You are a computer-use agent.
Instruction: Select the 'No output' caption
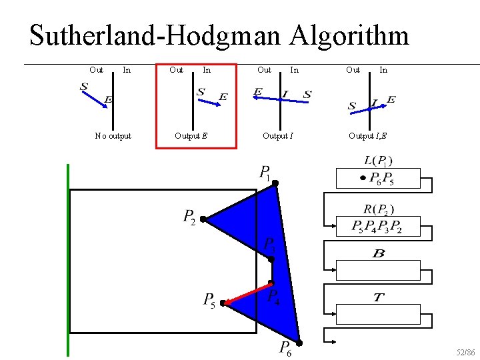coord(113,136)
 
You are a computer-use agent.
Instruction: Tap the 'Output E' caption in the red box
coord(191,136)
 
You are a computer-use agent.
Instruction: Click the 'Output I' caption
coord(277,136)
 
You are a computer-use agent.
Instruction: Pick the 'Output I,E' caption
coord(367,136)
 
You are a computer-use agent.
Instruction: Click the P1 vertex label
coord(265,173)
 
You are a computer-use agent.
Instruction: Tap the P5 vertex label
coord(209,301)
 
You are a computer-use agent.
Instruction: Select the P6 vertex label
coord(285,348)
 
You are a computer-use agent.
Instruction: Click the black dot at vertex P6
coord(299,343)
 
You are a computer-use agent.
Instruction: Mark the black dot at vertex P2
coord(203,219)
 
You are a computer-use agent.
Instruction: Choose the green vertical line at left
coord(68,260)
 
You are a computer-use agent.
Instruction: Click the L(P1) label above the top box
coord(378,160)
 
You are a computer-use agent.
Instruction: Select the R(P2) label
coord(378,209)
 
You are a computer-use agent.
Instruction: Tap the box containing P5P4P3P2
coord(378,227)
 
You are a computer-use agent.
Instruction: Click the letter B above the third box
coord(378,254)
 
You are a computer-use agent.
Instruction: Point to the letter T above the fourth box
coord(378,297)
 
